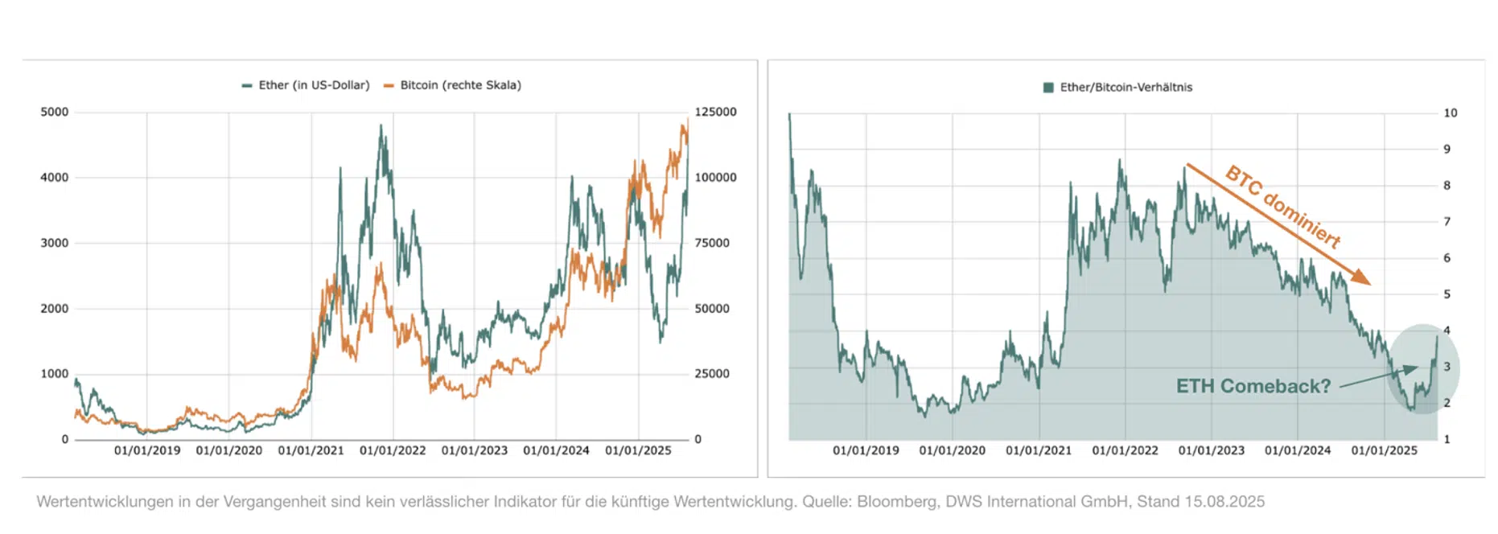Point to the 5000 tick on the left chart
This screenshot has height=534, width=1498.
55,112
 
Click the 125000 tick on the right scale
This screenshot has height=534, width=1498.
715,112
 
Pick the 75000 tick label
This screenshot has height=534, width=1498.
712,243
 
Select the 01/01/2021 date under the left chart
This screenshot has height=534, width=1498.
311,450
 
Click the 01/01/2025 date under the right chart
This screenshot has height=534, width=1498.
1384,450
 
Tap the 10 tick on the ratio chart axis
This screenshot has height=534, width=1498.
1450,113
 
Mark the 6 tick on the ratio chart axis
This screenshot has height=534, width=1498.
1447,258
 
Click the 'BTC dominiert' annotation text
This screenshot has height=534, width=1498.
1282,207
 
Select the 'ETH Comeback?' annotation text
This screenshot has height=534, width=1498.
1253,386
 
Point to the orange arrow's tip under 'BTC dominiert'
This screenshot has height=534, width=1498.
1369,283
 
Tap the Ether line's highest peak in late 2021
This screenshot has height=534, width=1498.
381,125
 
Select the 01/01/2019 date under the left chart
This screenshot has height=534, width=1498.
147,450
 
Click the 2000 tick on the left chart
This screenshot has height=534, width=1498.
55,309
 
